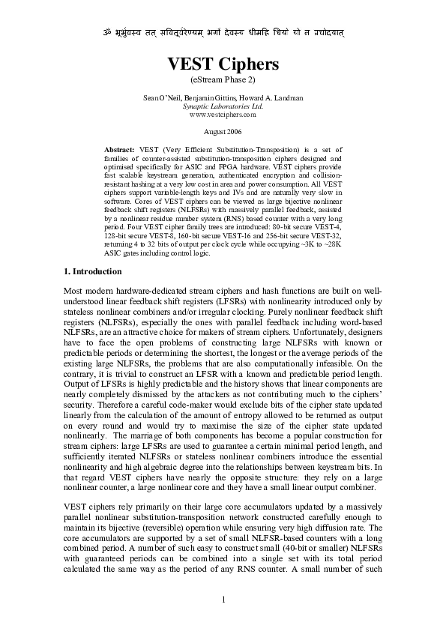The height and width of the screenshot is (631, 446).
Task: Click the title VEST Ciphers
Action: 223,64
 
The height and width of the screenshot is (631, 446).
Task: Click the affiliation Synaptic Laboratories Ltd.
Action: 223,106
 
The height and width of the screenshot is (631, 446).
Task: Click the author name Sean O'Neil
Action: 163,98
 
